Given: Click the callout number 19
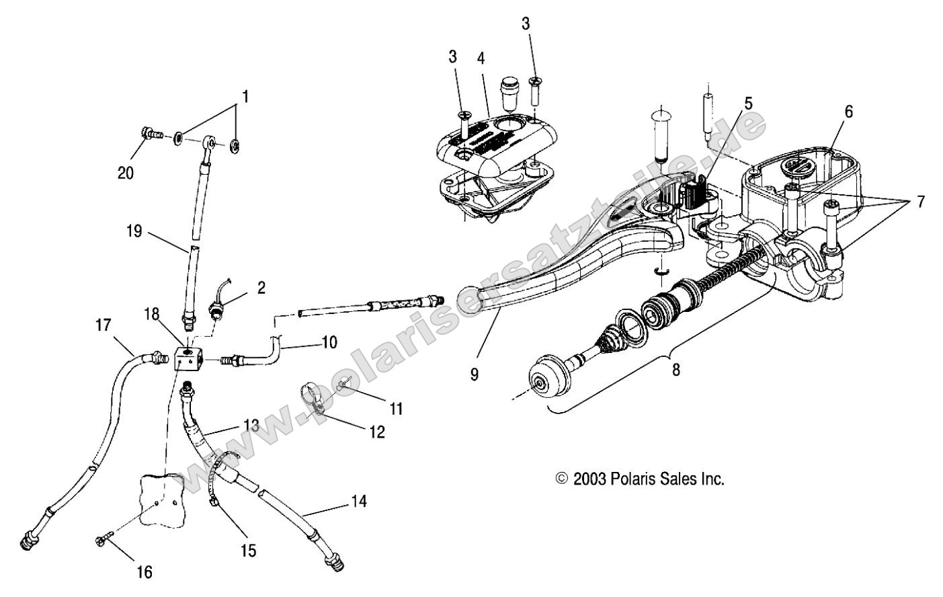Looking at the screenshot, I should pos(134,232).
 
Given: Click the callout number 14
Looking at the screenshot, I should pos(360,501).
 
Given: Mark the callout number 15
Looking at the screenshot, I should pos(249,551).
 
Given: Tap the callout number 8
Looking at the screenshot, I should pos(675,369).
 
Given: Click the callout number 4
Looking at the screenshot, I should pos(481,58).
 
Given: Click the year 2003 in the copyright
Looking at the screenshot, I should pos(590,479).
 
